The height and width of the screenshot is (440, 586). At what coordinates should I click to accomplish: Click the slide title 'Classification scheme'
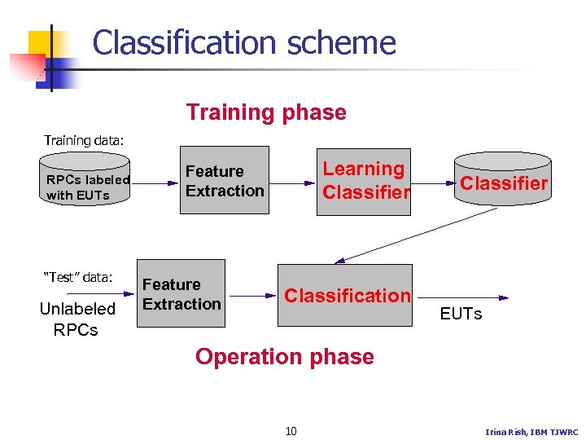[x=244, y=42]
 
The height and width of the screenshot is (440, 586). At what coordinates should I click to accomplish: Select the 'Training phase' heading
[x=266, y=112]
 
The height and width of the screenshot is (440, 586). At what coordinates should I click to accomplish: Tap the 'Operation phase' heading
[x=284, y=357]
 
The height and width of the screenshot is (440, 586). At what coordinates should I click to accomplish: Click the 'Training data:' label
[x=84, y=140]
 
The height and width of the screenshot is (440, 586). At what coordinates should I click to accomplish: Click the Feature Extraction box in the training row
[x=225, y=181]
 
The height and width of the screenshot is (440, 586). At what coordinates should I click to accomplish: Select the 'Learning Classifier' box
[x=364, y=181]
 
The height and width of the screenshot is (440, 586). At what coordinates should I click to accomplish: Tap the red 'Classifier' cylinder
[x=503, y=183]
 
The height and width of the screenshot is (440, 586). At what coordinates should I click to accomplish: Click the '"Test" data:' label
[x=77, y=277]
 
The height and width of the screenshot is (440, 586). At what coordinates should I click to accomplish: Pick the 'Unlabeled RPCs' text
[x=77, y=319]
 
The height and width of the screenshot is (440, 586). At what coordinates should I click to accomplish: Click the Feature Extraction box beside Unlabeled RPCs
[x=181, y=294]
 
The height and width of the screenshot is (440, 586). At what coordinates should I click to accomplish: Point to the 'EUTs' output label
[x=461, y=314]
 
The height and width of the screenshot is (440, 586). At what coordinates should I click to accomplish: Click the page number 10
[x=291, y=430]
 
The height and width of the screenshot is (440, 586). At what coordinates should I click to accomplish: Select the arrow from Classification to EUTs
[x=461, y=298]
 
